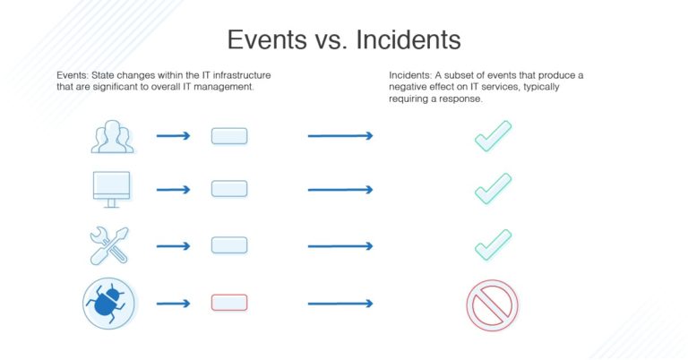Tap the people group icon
point(111,136)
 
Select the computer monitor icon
point(111,189)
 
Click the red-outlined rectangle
point(228,303)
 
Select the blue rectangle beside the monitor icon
point(228,189)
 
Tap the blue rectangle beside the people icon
point(228,136)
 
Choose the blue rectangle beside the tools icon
point(228,244)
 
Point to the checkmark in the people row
point(492,136)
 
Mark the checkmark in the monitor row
point(492,189)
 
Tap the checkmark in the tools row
point(492,244)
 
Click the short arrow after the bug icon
point(173,304)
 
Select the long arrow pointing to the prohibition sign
point(340,304)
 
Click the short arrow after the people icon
point(173,136)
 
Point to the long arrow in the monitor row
point(340,190)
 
